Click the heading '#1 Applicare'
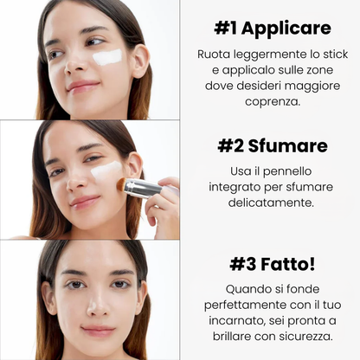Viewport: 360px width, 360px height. pyautogui.click(x=273, y=29)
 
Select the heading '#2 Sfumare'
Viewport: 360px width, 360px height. pyautogui.click(x=273, y=145)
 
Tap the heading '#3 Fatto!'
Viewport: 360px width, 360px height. pyautogui.click(x=273, y=262)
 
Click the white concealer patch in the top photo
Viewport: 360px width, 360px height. pyautogui.click(x=107, y=57)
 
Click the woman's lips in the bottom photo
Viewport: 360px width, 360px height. pyautogui.click(x=97, y=331)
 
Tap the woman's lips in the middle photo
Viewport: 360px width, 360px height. pyautogui.click(x=85, y=202)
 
